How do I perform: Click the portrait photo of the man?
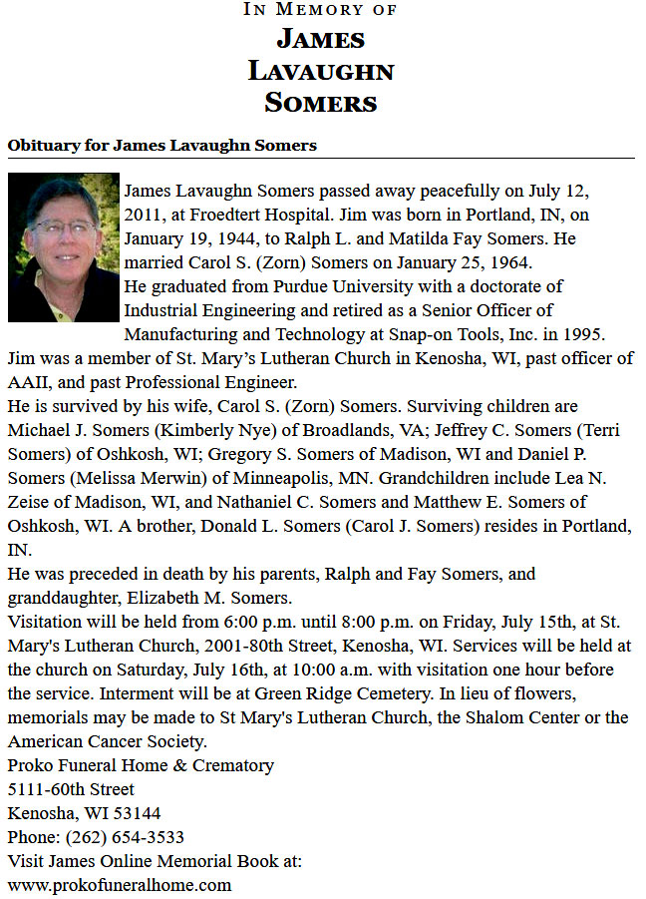point(63,248)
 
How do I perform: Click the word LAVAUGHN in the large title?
point(321,71)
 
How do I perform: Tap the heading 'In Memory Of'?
point(321,10)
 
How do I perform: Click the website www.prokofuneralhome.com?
point(120,885)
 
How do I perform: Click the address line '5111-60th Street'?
point(71,789)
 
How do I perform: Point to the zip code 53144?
point(138,813)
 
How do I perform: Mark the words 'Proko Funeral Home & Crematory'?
point(141,765)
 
